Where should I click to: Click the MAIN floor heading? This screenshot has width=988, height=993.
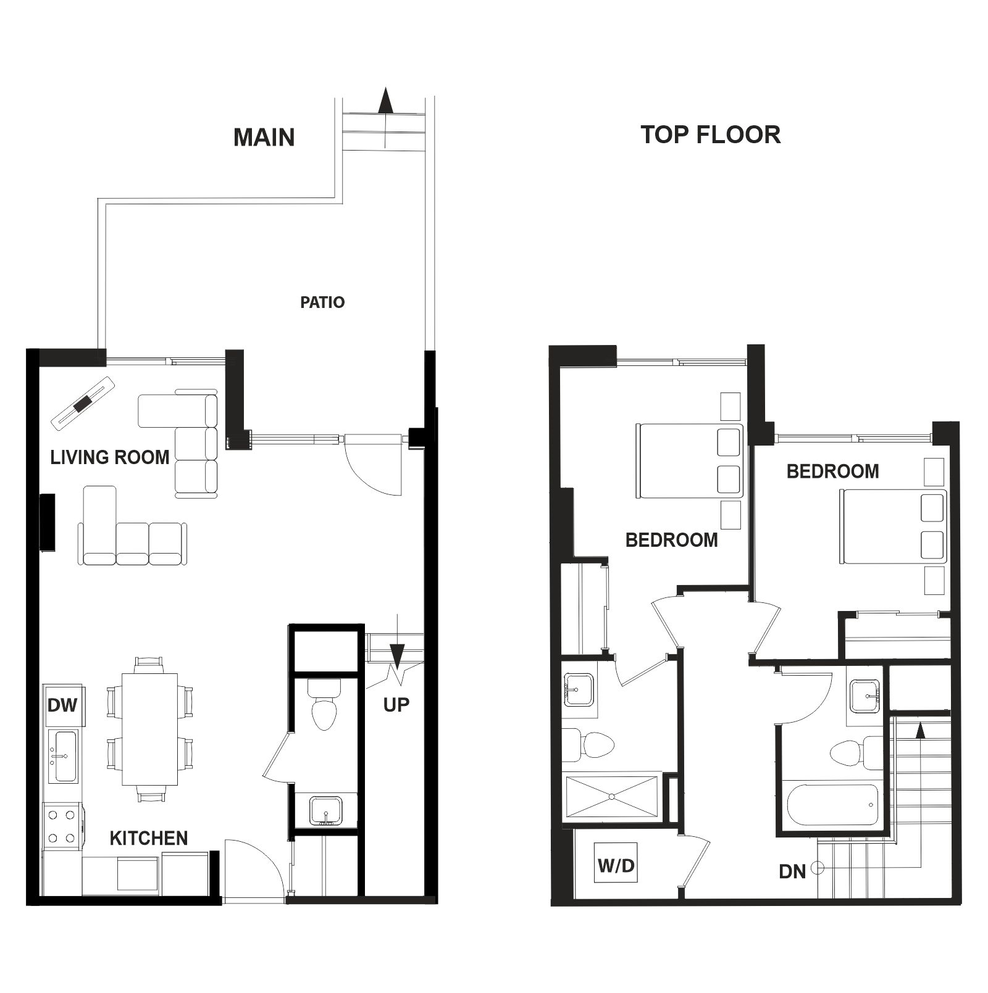(264, 137)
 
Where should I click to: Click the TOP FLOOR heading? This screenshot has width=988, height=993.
(710, 135)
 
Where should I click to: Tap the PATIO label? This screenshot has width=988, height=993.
(322, 302)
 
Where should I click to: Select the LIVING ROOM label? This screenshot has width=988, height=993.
(110, 457)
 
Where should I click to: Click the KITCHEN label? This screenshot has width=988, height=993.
(149, 838)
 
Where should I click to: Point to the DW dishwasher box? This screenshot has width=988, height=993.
(63, 705)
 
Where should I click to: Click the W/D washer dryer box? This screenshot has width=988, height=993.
(616, 865)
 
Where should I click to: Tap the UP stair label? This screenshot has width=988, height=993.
(396, 705)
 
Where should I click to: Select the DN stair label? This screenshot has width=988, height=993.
(792, 871)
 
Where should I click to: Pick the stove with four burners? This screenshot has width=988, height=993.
(62, 826)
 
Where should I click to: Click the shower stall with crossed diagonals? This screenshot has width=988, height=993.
(611, 796)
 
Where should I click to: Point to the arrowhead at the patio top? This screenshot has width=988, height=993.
(386, 100)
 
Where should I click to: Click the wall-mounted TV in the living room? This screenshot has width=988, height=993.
(48, 521)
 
